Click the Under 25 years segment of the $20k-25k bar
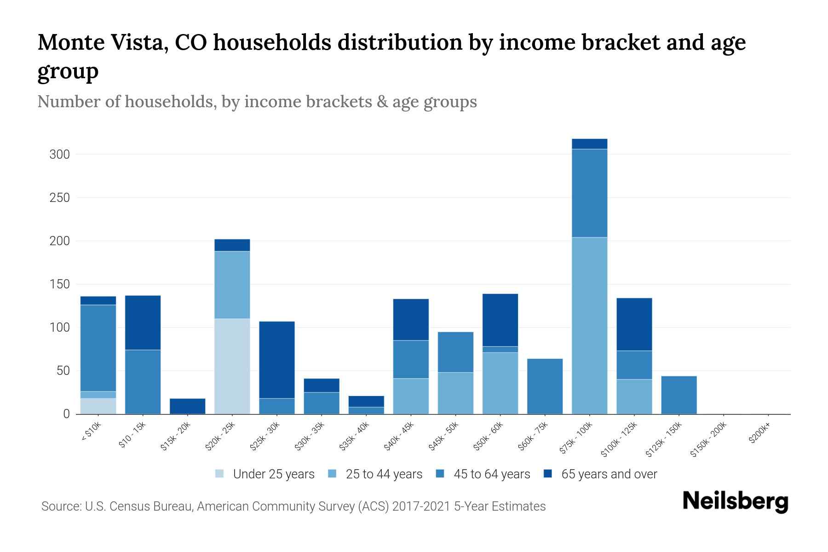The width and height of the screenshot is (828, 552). [232, 366]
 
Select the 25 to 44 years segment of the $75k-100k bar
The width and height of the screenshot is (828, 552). [589, 326]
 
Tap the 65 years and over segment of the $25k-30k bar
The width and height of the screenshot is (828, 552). [277, 360]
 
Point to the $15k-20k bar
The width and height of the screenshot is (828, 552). [188, 406]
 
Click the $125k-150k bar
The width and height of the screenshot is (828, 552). [678, 395]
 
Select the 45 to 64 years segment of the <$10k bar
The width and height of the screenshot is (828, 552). [98, 348]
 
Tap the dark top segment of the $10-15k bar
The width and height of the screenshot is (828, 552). [143, 322]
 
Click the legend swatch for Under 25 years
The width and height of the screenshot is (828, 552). [220, 474]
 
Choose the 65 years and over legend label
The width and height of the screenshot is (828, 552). [609, 474]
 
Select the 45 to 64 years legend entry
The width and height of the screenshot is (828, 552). [491, 474]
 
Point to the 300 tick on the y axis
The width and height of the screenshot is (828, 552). [60, 155]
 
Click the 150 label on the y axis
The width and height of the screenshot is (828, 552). [60, 284]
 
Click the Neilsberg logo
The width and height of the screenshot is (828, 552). [735, 501]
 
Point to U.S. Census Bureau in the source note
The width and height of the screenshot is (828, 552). [139, 506]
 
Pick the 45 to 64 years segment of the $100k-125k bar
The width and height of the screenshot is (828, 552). [634, 365]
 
